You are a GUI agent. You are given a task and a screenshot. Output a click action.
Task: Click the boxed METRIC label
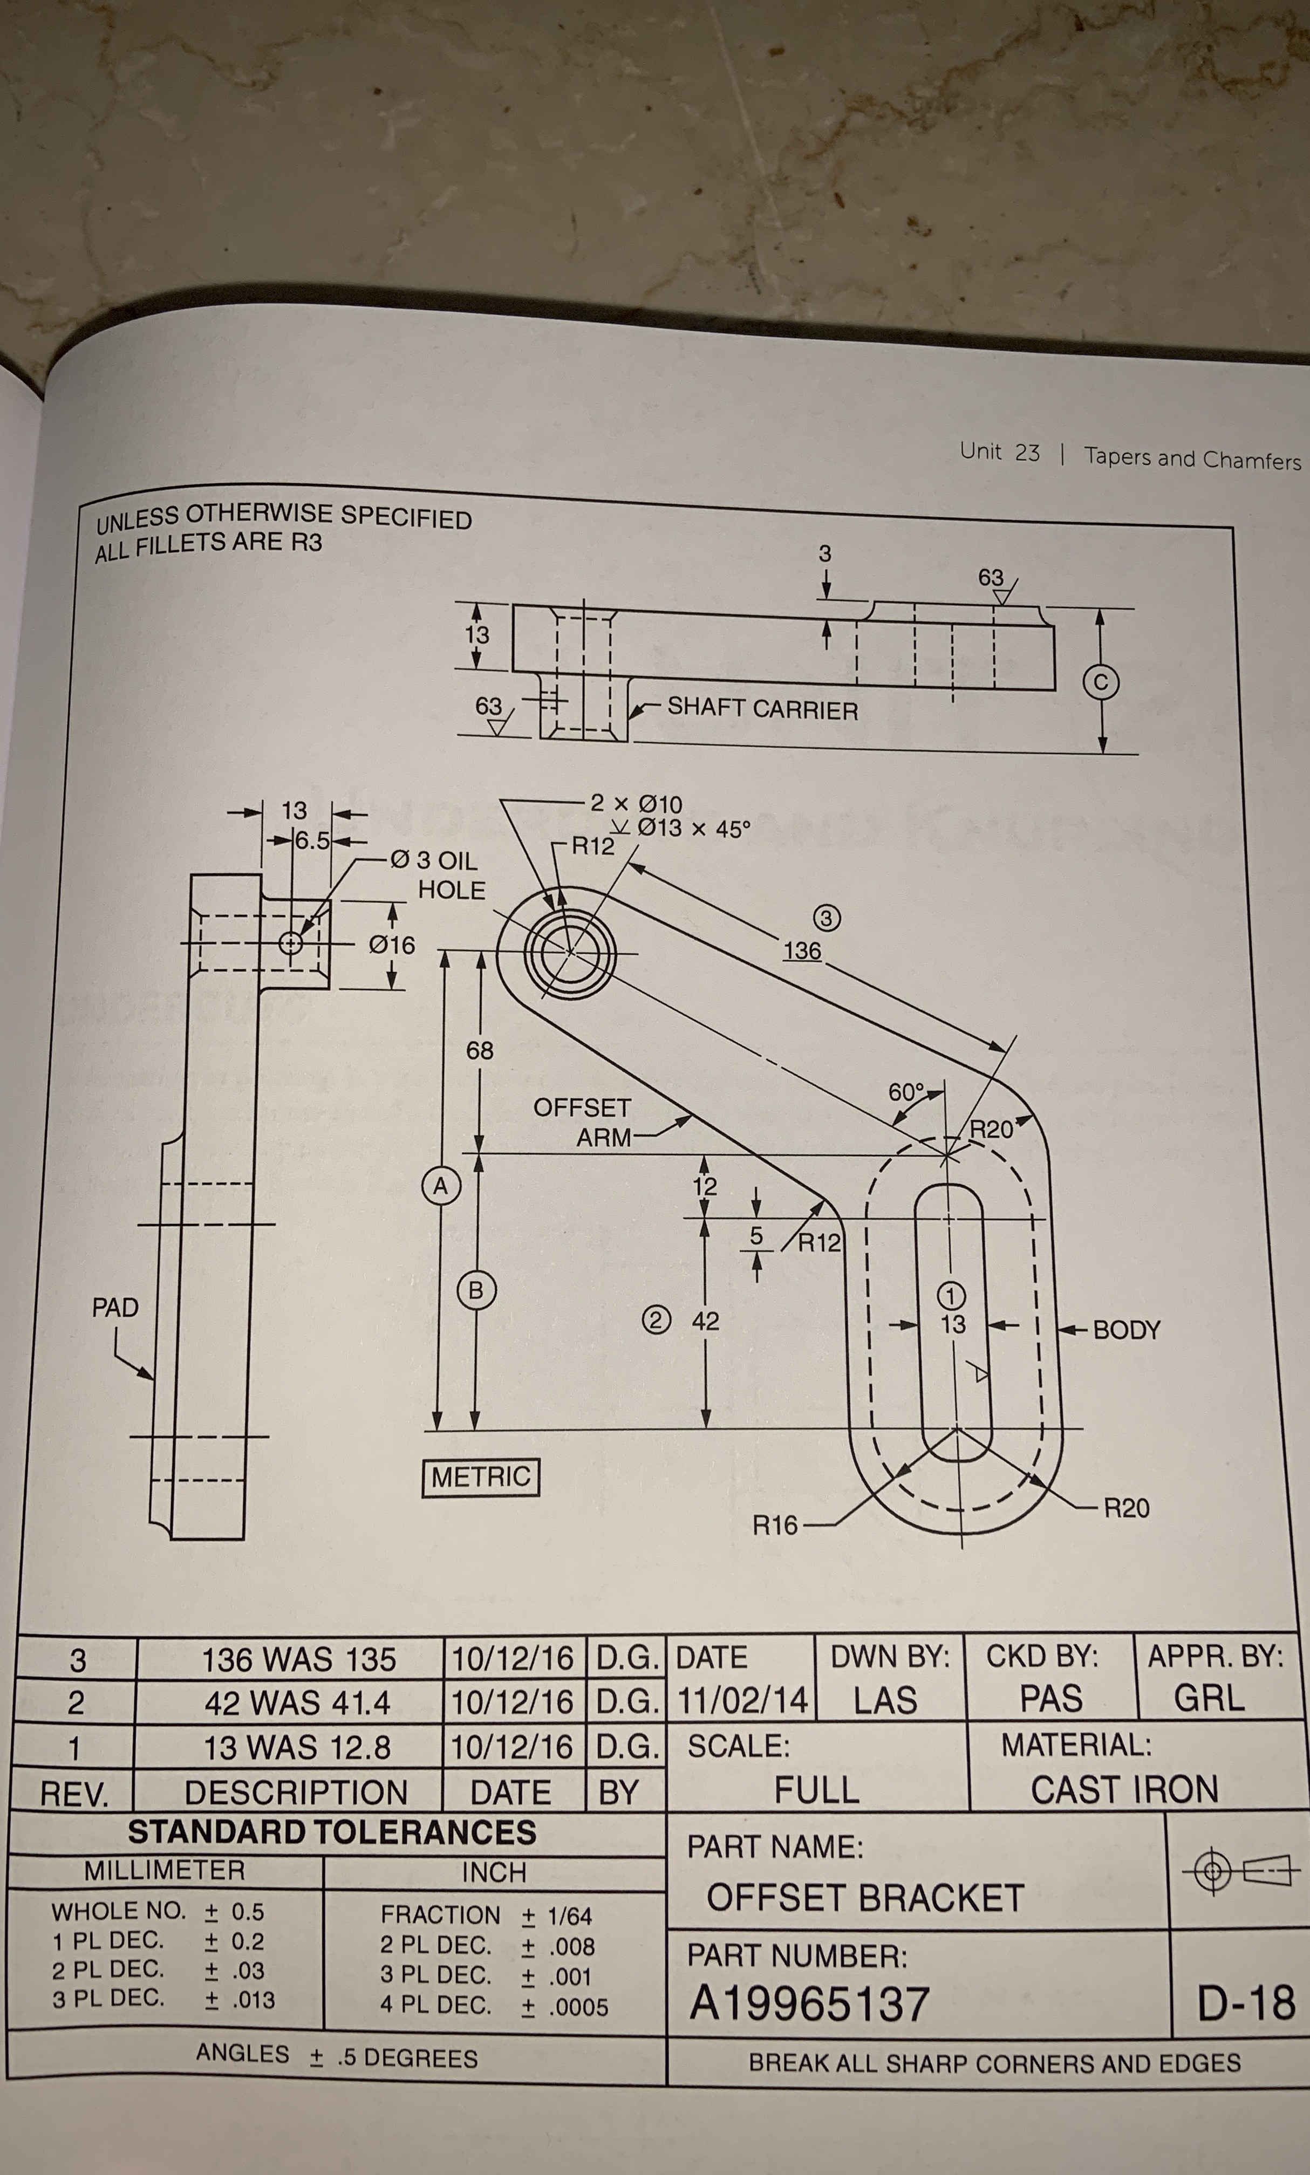[481, 1476]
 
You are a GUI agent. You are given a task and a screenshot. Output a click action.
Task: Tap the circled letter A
[440, 1186]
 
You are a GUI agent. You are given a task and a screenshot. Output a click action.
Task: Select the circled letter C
[1101, 682]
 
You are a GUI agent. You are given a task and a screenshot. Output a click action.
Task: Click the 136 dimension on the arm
[802, 950]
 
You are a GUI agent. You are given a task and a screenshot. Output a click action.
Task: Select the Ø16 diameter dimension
[391, 945]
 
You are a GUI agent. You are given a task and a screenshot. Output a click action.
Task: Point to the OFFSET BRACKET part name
[865, 1898]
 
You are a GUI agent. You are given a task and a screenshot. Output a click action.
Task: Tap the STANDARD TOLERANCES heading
[332, 1832]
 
